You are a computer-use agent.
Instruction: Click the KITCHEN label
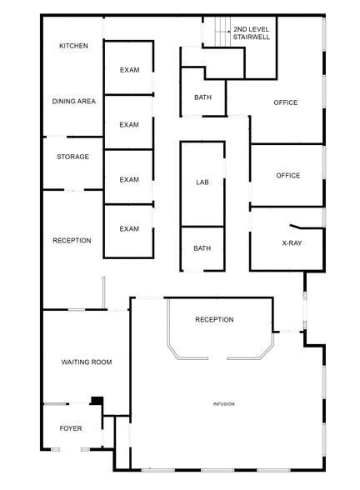click(73, 46)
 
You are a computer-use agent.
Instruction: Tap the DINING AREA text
click(74, 102)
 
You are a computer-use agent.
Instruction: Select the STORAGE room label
click(72, 157)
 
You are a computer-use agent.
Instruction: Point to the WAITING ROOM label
click(87, 362)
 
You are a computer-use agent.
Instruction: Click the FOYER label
click(71, 428)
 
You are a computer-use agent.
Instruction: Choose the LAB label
click(202, 181)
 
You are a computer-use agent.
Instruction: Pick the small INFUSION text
click(223, 404)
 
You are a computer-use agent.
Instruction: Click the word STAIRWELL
click(251, 37)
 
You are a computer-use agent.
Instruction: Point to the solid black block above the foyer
click(97, 401)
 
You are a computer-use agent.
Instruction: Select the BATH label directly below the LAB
click(202, 247)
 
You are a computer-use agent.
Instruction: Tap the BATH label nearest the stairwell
click(202, 97)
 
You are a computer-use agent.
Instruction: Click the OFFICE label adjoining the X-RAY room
click(287, 175)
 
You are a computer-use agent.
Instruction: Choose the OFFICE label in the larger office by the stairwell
click(286, 102)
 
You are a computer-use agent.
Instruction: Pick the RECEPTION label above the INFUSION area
click(214, 319)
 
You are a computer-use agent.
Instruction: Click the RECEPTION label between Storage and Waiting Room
click(72, 241)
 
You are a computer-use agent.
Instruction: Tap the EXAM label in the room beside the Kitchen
click(128, 69)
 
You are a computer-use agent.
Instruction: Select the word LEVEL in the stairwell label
click(258, 28)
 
